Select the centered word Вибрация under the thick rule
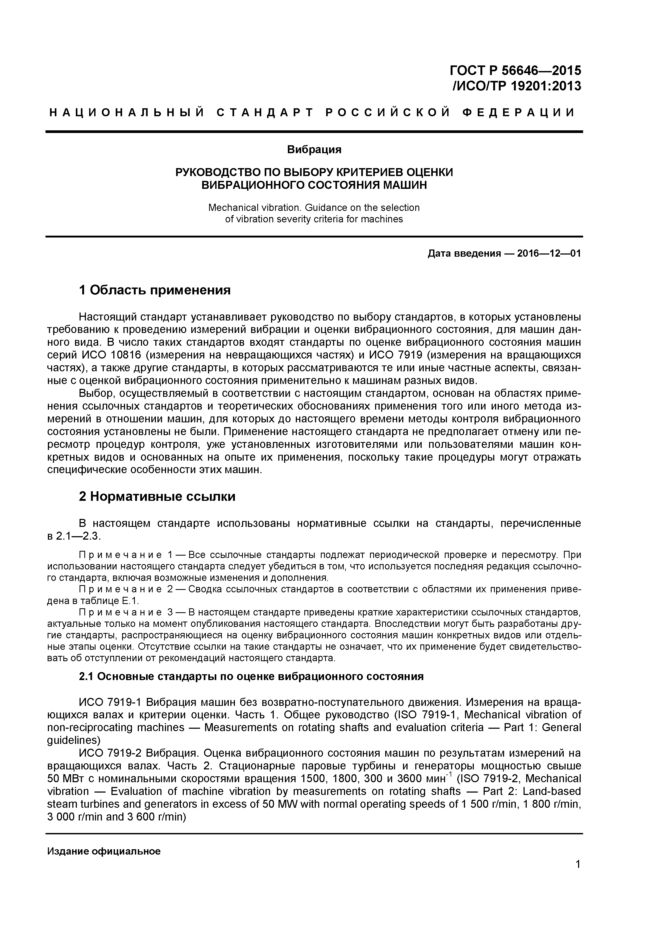[x=314, y=149]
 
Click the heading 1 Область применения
[x=155, y=290]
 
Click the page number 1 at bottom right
[x=578, y=875]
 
